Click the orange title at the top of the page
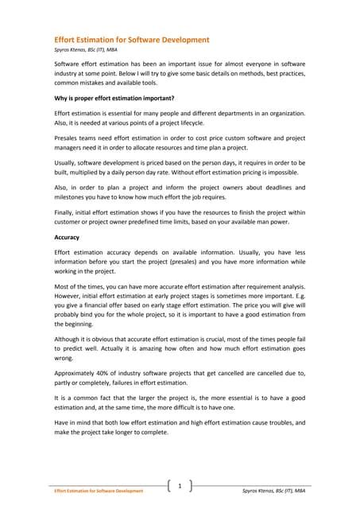point(131,38)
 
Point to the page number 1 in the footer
point(180,485)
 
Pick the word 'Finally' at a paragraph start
point(65,212)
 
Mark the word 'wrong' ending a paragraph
point(64,359)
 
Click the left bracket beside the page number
point(170,486)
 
